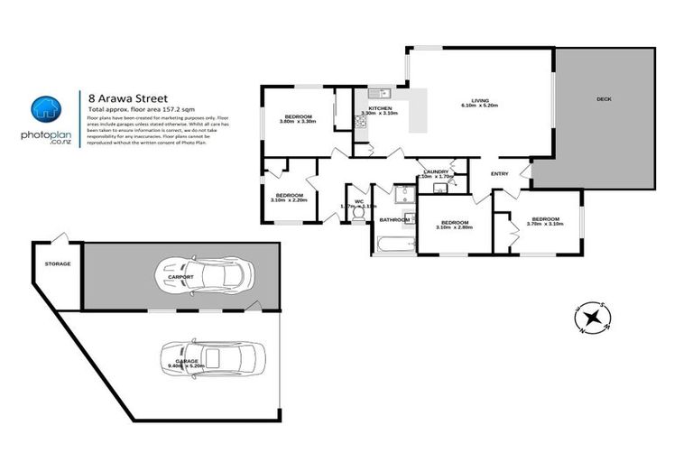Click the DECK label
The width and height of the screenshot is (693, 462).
[604, 98]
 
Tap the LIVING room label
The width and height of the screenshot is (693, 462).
[480, 100]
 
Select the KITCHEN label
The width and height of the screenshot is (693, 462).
[379, 107]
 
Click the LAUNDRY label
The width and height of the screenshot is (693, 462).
[436, 171]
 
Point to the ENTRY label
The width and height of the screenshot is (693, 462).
[499, 173]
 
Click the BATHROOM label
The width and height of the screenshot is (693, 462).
[394, 219]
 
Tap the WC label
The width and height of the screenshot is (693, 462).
[358, 201]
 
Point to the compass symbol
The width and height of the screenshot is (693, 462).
[592, 316]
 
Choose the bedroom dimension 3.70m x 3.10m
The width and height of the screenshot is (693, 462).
[545, 224]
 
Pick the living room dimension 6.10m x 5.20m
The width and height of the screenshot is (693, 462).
[480, 106]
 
